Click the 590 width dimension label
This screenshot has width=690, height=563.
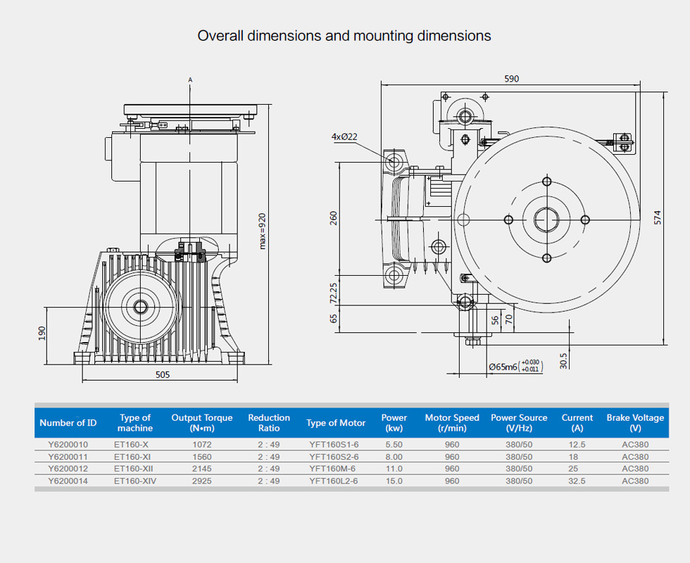tap(511, 79)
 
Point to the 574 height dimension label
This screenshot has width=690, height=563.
tap(658, 218)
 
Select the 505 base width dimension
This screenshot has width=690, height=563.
tap(163, 375)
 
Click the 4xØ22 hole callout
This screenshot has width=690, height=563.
tap(345, 137)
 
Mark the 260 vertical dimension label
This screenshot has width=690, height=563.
tap(334, 218)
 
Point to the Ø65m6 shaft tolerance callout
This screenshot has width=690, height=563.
tap(515, 366)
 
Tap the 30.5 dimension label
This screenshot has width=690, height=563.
tap(563, 360)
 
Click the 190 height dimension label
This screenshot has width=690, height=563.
tap(42, 332)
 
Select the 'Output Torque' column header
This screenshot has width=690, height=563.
tap(201, 422)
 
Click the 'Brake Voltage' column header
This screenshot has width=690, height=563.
tap(635, 422)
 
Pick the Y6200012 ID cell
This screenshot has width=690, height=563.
tap(68, 469)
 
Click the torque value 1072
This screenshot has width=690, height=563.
tap(201, 445)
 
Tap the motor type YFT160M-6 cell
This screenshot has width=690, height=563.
tap(334, 469)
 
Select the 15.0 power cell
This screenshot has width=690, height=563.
tap(394, 481)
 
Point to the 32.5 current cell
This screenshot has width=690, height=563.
tap(577, 481)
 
